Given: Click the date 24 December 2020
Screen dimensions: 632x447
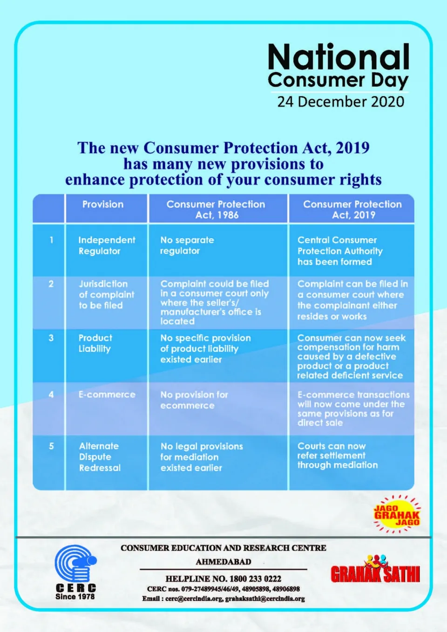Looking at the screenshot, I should pyautogui.click(x=340, y=101).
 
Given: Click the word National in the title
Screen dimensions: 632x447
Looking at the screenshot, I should pyautogui.click(x=339, y=57).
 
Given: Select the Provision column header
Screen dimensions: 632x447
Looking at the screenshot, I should pyautogui.click(x=103, y=204).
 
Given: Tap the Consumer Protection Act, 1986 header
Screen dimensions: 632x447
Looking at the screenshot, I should pyautogui.click(x=216, y=209).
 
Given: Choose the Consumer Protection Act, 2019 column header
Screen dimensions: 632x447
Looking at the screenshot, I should pyautogui.click(x=352, y=209).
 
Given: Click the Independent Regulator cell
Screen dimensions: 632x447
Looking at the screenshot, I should pyautogui.click(x=107, y=245).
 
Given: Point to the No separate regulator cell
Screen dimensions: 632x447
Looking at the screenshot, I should pyautogui.click(x=187, y=245).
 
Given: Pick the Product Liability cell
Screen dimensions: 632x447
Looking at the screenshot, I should pyautogui.click(x=95, y=343).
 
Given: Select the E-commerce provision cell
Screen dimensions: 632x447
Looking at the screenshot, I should pyautogui.click(x=107, y=395).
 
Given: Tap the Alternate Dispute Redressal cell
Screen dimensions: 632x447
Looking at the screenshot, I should pyautogui.click(x=100, y=457).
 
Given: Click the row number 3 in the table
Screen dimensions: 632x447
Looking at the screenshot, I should pyautogui.click(x=51, y=338).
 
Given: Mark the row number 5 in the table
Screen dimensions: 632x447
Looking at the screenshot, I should pyautogui.click(x=51, y=446).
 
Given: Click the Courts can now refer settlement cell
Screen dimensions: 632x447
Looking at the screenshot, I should pyautogui.click(x=338, y=455).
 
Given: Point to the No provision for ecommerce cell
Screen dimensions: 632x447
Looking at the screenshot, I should pyautogui.click(x=194, y=400).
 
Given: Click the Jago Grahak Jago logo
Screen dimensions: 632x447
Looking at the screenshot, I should pyautogui.click(x=397, y=515).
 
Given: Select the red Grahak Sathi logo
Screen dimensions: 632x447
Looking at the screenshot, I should pyautogui.click(x=375, y=571).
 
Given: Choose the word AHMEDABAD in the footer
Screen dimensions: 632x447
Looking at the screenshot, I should pyautogui.click(x=223, y=562).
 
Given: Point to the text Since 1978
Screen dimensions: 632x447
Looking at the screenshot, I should pyautogui.click(x=75, y=597).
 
